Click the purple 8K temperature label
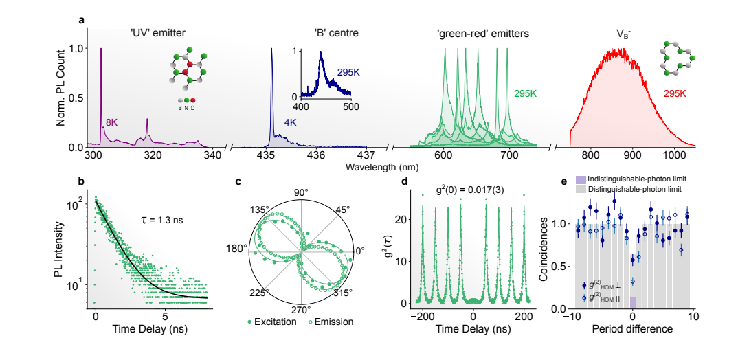pyautogui.click(x=112, y=121)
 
